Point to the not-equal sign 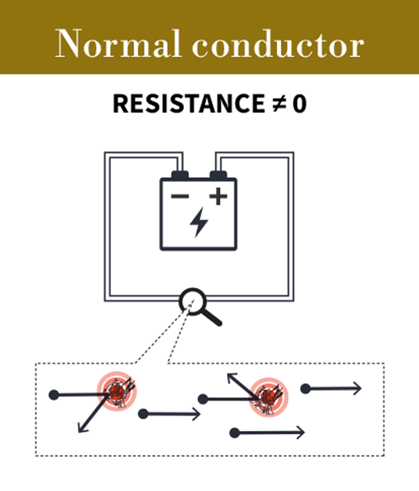tap(278, 103)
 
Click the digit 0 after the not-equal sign tap(299, 103)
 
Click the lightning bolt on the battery tap(199, 222)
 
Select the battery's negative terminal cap tap(180, 175)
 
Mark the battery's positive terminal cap tap(218, 175)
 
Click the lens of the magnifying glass tap(193, 301)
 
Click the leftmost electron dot tap(54, 395)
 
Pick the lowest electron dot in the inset tap(235, 433)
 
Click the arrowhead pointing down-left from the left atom tap(81, 429)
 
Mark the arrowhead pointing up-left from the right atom tap(230, 376)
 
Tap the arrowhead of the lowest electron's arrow tap(300, 432)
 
